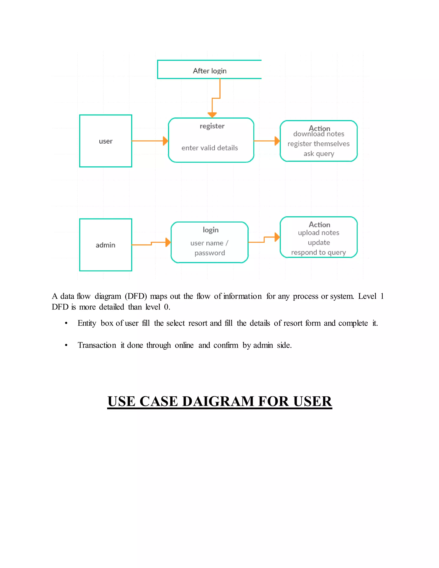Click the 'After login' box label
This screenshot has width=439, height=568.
(x=210, y=71)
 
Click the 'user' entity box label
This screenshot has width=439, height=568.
(x=106, y=141)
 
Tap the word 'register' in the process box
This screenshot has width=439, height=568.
(x=212, y=126)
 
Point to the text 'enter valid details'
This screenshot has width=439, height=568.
(x=210, y=148)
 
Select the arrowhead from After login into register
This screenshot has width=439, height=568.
(x=212, y=115)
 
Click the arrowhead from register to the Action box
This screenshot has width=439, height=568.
(x=277, y=141)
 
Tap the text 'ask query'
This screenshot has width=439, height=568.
(x=319, y=154)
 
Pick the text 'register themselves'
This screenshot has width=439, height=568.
(x=318, y=144)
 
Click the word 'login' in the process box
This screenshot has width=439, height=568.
(x=211, y=230)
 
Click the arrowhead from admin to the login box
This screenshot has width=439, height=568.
(x=168, y=242)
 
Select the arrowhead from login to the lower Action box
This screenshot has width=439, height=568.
(x=277, y=237)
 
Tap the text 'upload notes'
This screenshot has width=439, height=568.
(x=319, y=233)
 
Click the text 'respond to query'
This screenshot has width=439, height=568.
(x=318, y=252)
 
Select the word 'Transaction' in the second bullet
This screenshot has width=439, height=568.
(x=97, y=345)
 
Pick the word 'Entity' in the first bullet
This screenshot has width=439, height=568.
(x=87, y=323)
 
